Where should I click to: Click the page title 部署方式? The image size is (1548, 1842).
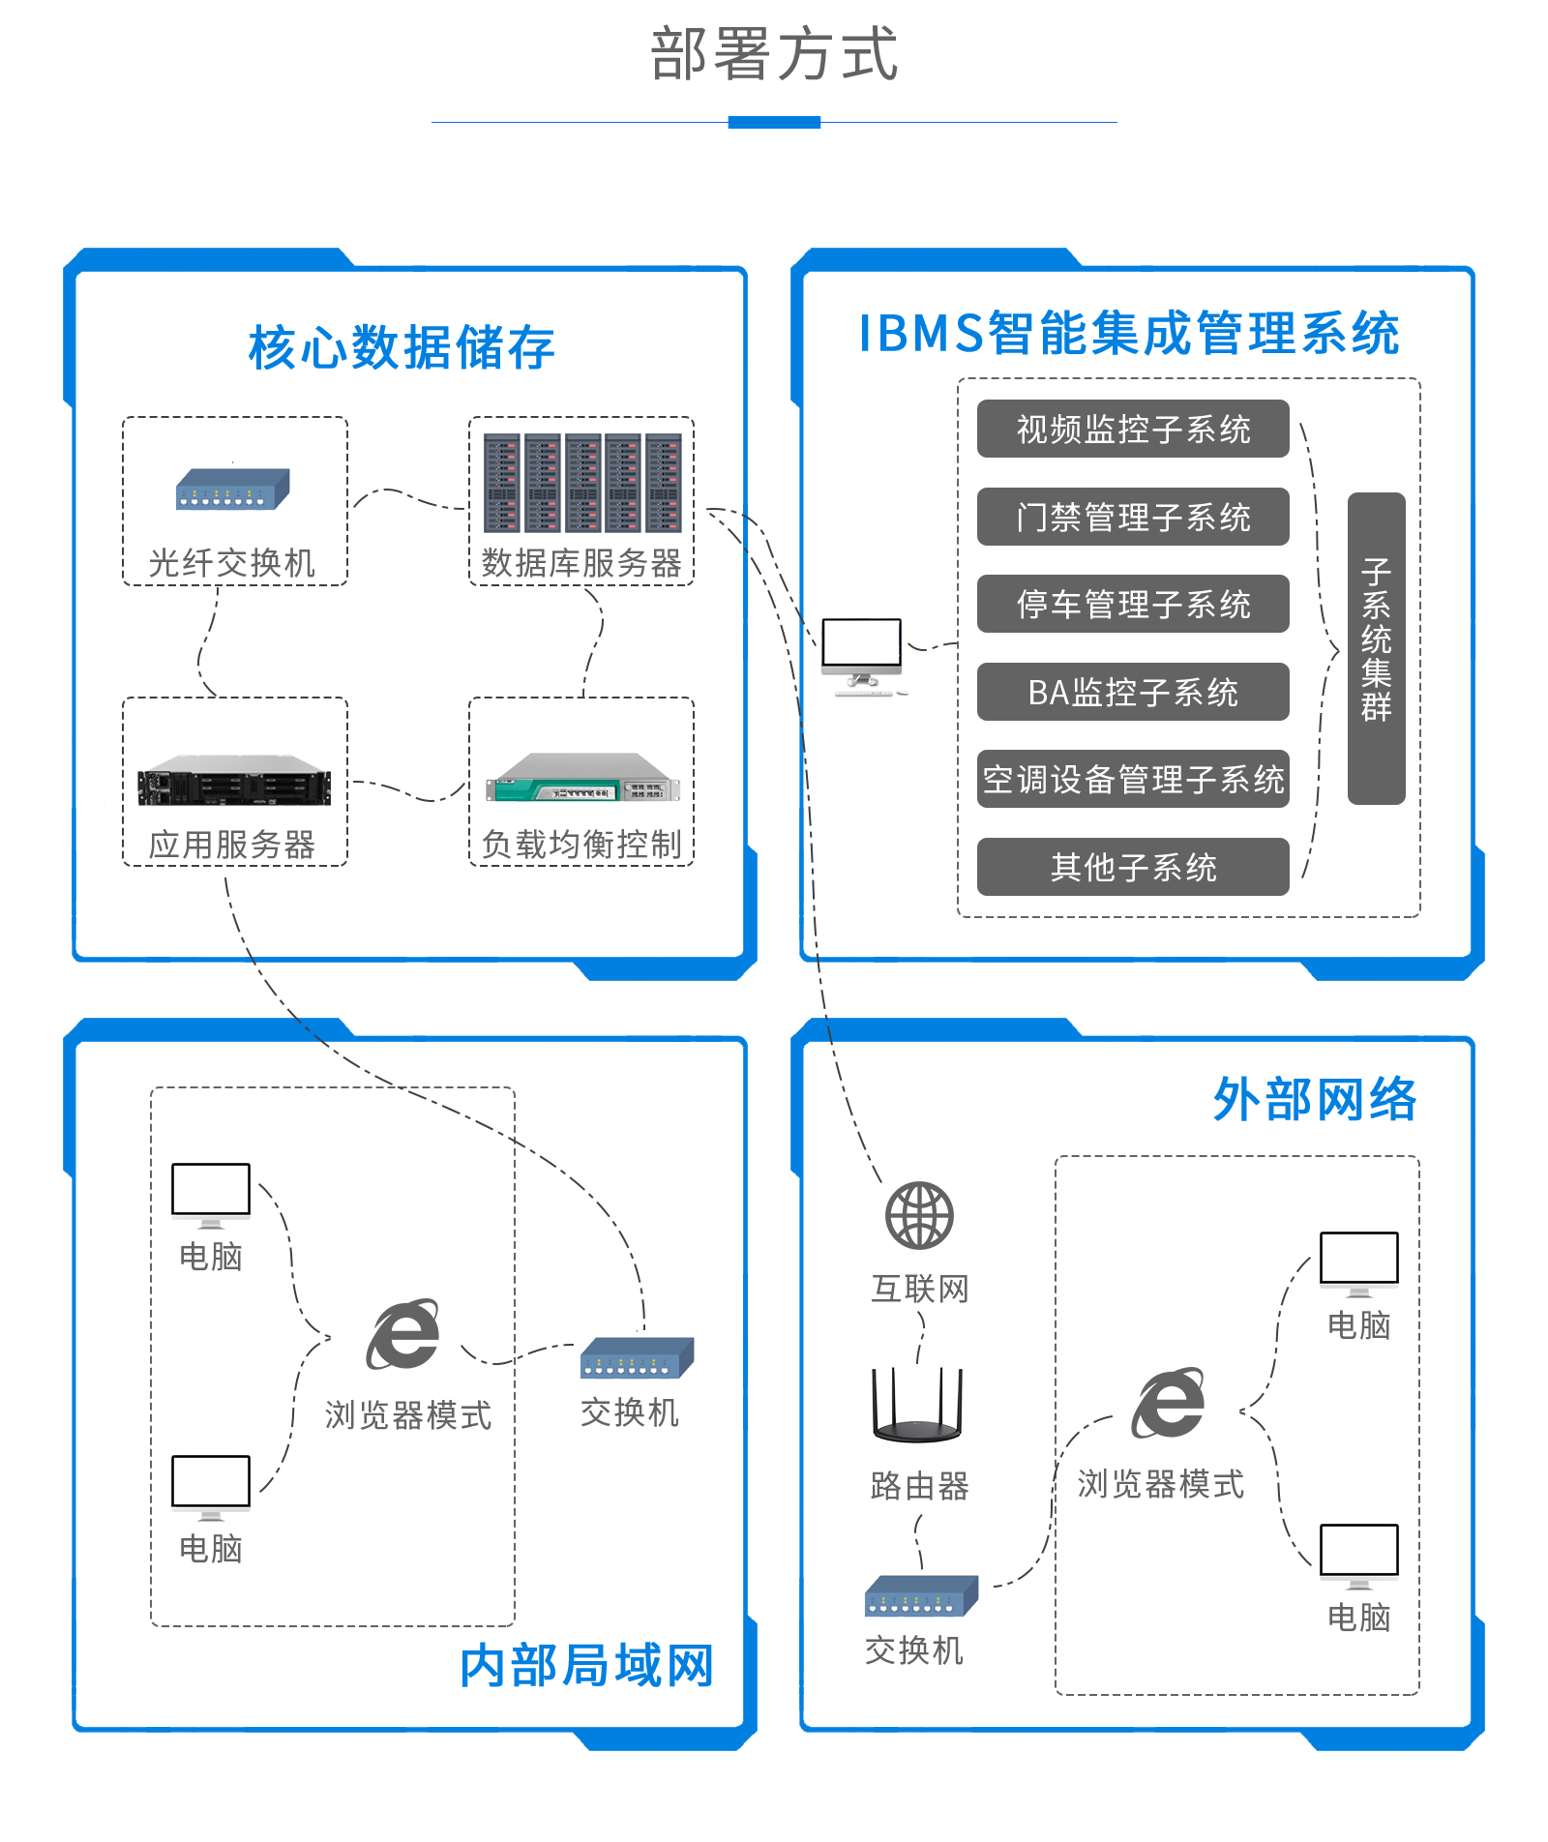(x=774, y=54)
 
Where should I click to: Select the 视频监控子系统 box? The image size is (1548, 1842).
(x=1133, y=429)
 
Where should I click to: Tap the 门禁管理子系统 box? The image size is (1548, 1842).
(x=1133, y=517)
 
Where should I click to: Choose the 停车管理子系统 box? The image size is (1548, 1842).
(x=1133, y=604)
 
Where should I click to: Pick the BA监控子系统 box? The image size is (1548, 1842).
(x=1133, y=692)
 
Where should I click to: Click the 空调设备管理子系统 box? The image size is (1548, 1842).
(x=1133, y=779)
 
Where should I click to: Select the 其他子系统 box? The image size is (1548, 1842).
(x=1133, y=867)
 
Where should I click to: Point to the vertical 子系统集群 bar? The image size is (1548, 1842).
(x=1376, y=648)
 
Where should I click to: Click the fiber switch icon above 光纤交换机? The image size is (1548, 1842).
(x=232, y=490)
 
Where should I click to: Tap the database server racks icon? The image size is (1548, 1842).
(x=582, y=483)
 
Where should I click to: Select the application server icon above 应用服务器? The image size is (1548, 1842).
(x=234, y=781)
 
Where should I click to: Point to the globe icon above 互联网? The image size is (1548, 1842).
(x=919, y=1215)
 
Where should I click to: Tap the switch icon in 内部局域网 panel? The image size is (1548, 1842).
(x=637, y=1357)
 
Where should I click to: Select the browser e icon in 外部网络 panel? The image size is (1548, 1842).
(x=1169, y=1403)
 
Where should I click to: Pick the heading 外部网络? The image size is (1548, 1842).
(x=1315, y=1100)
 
